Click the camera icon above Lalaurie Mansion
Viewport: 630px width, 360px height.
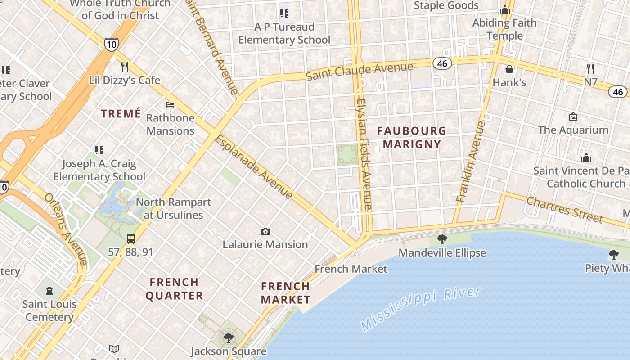(265, 231)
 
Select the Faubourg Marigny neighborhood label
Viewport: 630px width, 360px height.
(411, 138)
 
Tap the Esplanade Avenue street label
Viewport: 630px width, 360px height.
(254, 167)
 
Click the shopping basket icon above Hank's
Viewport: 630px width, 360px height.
(509, 69)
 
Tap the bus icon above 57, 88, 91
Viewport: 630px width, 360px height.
(130, 238)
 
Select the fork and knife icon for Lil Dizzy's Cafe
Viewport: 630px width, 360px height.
(125, 67)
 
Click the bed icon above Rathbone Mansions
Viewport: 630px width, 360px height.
(170, 105)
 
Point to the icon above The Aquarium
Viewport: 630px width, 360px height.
(573, 117)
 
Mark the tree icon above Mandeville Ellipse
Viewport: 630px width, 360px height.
(442, 239)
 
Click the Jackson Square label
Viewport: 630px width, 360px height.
(229, 351)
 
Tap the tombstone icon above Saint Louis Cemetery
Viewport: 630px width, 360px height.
(49, 291)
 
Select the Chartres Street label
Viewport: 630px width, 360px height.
(564, 209)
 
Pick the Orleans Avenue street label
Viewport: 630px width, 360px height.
(66, 229)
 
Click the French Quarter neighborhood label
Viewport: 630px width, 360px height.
(174, 289)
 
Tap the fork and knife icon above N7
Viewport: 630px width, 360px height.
(590, 69)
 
